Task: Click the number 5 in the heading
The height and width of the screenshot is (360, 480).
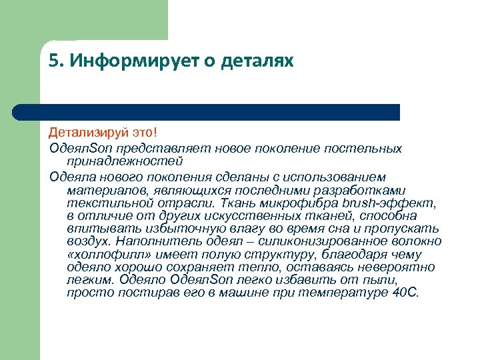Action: (x=53, y=62)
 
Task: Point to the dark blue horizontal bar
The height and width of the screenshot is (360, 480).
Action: (x=220, y=112)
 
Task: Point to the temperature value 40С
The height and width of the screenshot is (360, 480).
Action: (x=406, y=293)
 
